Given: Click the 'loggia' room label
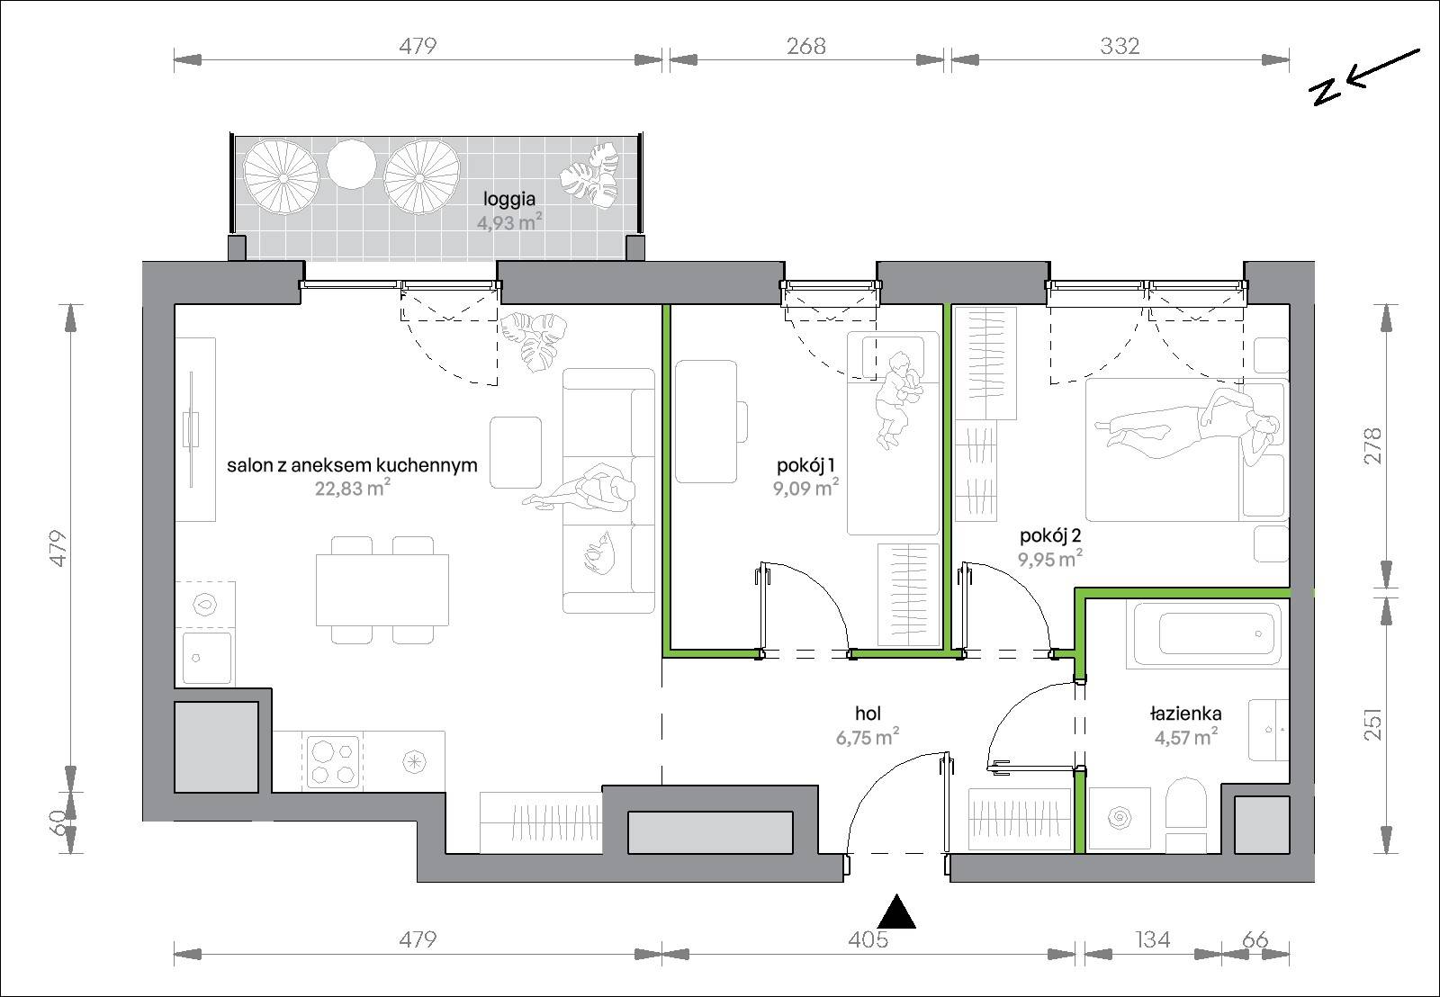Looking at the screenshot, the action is click(509, 199).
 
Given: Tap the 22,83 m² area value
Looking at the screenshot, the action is click(352, 488).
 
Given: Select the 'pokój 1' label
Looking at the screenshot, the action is click(805, 465).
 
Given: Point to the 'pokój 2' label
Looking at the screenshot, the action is click(1049, 536).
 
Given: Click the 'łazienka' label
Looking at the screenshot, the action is click(1185, 713).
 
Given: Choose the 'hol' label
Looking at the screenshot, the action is click(868, 713).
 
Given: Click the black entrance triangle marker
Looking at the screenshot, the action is click(896, 912).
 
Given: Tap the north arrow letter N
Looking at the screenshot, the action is click(1327, 93).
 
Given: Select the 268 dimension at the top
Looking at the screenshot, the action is click(806, 46).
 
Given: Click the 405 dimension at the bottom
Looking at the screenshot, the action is click(868, 939).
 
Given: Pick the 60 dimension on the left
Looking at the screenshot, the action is click(58, 823).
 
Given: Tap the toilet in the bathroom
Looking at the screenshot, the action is click(1187, 814).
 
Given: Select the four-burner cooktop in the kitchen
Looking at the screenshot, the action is click(333, 762).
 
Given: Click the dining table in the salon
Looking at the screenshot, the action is click(382, 589).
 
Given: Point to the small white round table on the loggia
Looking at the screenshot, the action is click(351, 164).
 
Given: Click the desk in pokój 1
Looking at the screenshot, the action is click(706, 421).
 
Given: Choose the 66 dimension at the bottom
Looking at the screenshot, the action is click(1255, 939).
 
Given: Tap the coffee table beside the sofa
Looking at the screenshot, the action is click(516, 452).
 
